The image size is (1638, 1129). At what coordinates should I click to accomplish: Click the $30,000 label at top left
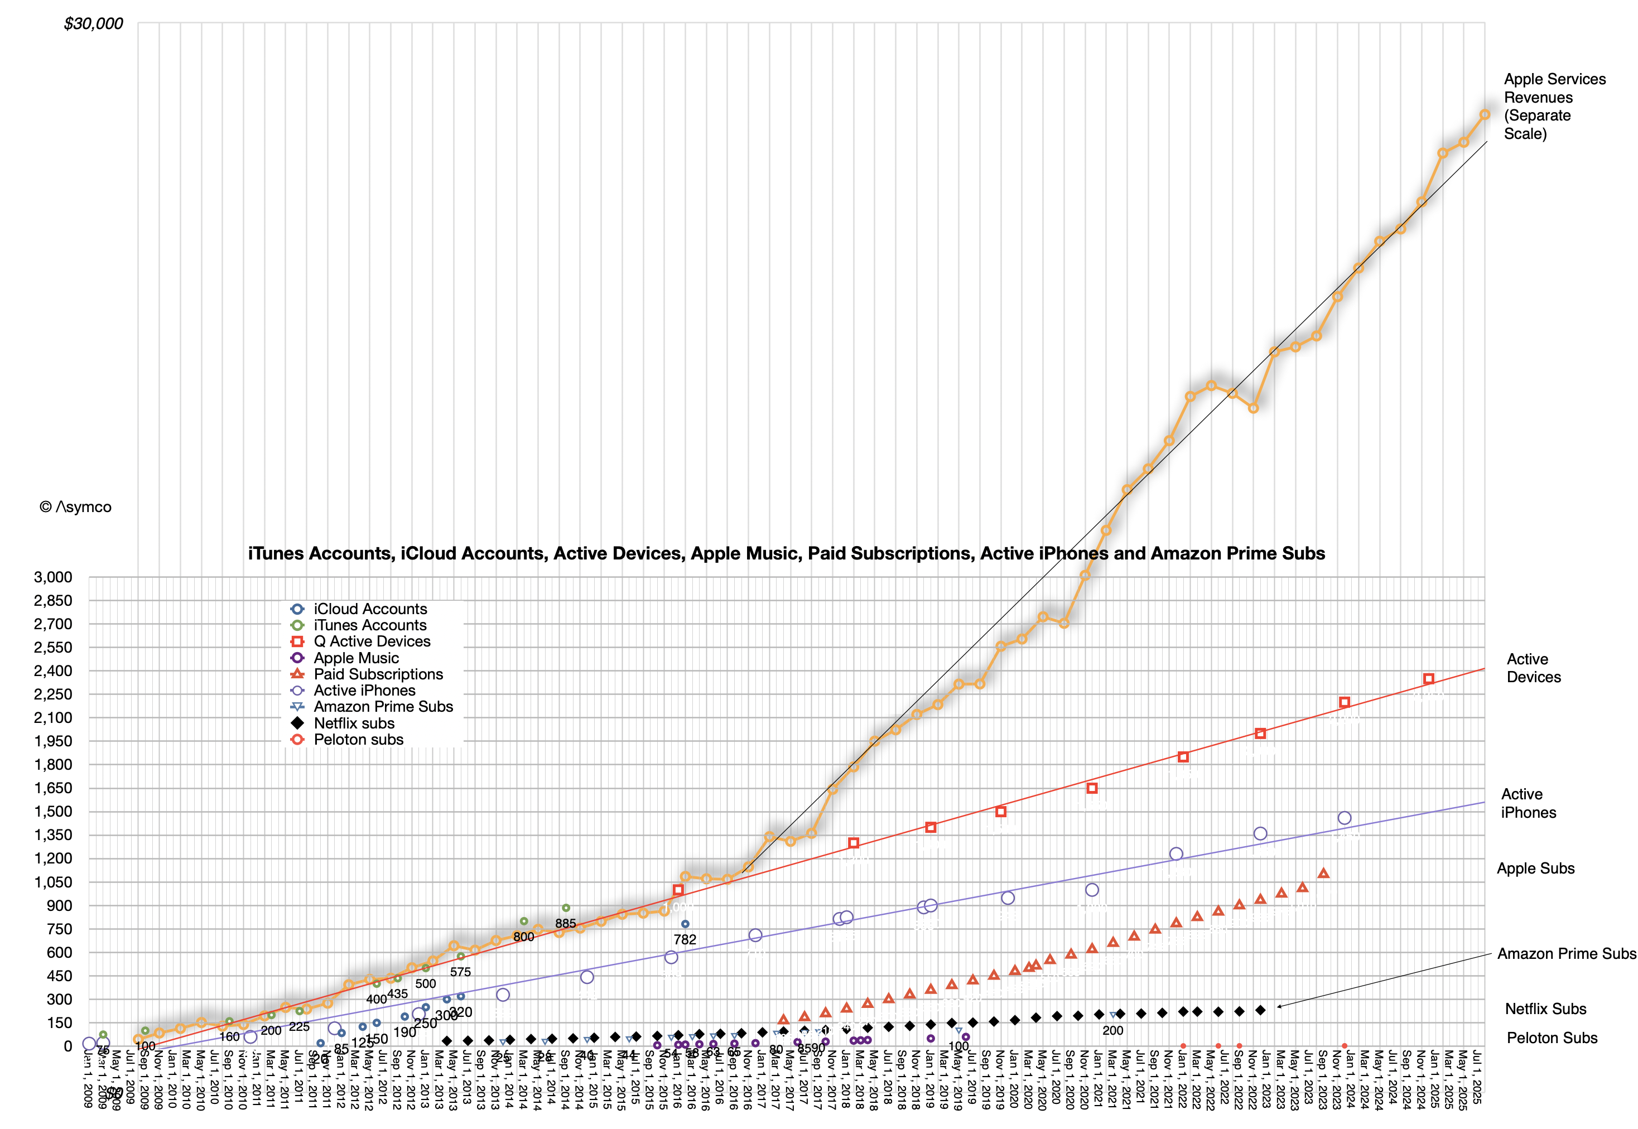tap(93, 24)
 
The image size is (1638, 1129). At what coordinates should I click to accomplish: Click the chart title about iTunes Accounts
tap(786, 553)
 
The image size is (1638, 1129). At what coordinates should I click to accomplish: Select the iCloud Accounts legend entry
tap(370, 609)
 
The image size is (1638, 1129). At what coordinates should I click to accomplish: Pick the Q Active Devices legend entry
tap(372, 641)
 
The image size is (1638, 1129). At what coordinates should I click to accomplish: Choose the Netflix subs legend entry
tap(354, 723)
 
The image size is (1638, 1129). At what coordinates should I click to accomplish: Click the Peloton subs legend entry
tap(358, 739)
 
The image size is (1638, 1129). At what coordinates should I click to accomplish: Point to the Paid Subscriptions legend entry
tap(378, 674)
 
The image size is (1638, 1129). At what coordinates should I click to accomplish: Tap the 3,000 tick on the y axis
tap(53, 577)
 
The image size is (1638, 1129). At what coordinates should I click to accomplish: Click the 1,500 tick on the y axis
tap(53, 812)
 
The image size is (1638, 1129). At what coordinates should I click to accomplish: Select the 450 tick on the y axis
tap(58, 976)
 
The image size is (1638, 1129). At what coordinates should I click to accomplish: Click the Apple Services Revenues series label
tap(1554, 106)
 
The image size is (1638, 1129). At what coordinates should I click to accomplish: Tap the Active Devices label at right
tap(1533, 668)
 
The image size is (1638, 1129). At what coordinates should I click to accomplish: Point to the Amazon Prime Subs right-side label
tap(1566, 953)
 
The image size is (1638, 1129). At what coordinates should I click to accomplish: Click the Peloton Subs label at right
tap(1552, 1038)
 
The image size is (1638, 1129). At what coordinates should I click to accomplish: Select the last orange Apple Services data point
tap(1485, 114)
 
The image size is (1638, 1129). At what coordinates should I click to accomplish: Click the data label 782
tap(684, 939)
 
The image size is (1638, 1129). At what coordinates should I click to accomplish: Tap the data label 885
tap(565, 923)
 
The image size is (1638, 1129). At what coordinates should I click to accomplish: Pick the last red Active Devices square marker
tap(1429, 679)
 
